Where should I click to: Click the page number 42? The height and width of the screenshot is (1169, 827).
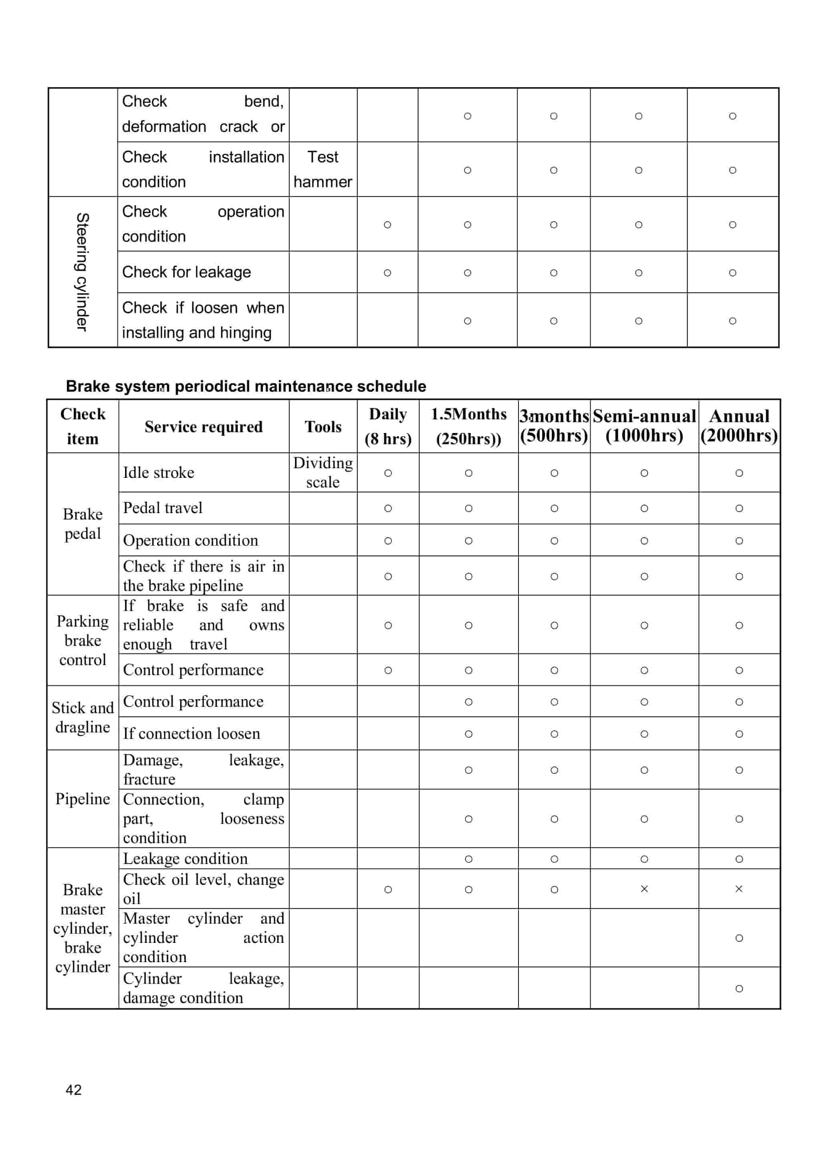coord(73,1090)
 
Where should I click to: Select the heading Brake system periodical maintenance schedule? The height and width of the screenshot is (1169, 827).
coord(246,386)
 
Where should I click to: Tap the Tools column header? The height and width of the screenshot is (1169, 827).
coord(323,426)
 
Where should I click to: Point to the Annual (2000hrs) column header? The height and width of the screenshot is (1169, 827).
coord(738,426)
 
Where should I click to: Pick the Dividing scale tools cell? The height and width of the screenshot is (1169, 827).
coord(323,472)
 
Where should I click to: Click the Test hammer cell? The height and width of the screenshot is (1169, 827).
coord(323,169)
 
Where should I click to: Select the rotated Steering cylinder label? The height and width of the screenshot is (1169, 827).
coord(83,271)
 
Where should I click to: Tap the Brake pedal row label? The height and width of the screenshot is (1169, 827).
coord(83,524)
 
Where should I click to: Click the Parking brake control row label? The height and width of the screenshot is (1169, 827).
coord(83,640)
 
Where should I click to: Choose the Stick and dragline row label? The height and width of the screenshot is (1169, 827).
coord(83,717)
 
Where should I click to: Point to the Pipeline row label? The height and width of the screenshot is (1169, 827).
coord(83,799)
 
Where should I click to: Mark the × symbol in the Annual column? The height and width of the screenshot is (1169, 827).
coord(738,889)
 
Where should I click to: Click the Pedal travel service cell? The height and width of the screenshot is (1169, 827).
coord(163,508)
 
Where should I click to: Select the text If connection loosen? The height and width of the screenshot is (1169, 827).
coord(192,734)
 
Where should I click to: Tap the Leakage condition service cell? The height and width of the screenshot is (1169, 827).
coord(186,859)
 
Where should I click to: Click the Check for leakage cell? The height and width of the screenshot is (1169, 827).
coord(186,272)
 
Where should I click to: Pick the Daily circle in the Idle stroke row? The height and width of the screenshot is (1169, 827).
coord(387,473)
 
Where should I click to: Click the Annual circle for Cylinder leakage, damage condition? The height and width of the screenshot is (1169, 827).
coord(738,988)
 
